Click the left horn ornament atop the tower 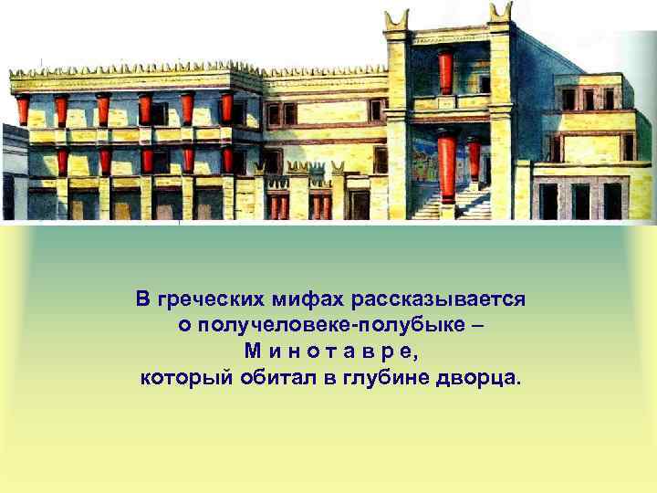point(396,17)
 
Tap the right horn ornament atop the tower point(500,13)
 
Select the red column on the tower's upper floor point(445,70)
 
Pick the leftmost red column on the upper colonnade point(23,110)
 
